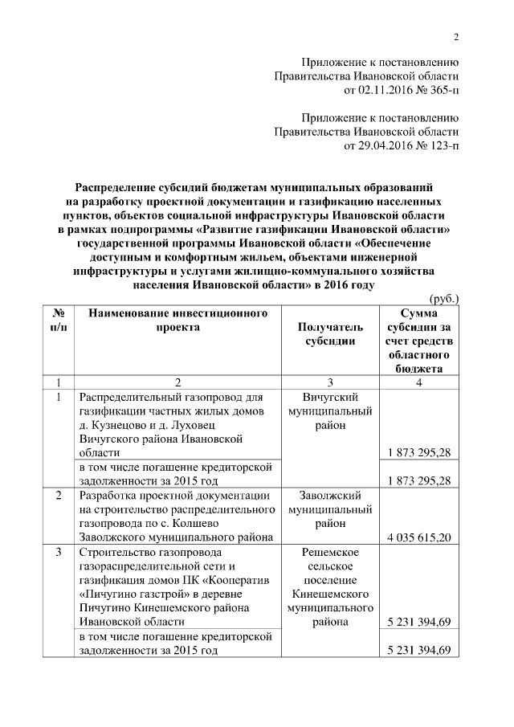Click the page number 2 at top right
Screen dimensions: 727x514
pos(455,37)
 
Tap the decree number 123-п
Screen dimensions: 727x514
pos(439,145)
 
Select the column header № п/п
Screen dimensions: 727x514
pos(58,319)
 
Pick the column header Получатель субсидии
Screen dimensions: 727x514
pos(329,333)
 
